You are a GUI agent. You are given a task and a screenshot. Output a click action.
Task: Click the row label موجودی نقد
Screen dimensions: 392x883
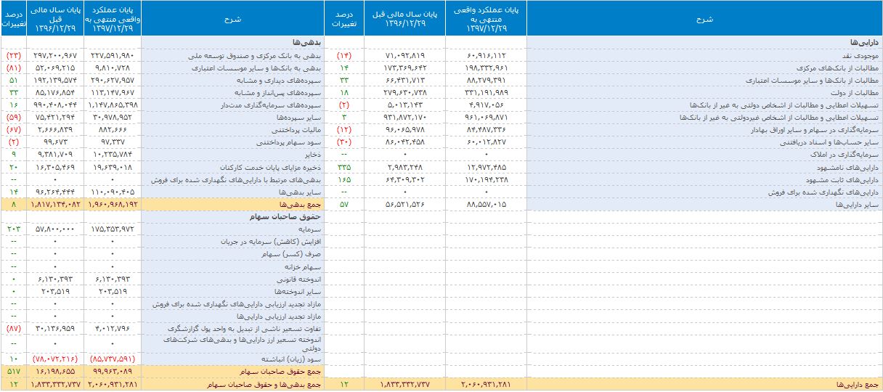(x=862, y=54)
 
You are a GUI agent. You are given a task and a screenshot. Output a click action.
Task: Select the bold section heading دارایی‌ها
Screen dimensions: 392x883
(x=867, y=43)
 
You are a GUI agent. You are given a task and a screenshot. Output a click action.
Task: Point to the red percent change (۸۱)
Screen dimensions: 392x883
(x=13, y=68)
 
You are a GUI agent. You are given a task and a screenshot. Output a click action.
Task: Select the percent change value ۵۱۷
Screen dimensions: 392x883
(x=13, y=371)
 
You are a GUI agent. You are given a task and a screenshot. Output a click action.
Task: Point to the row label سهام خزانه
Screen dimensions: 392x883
(x=309, y=266)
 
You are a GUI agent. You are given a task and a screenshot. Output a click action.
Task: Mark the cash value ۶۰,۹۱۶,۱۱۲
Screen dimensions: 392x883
(x=487, y=54)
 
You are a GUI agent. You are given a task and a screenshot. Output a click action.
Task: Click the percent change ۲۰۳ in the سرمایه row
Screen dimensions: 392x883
(x=13, y=229)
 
